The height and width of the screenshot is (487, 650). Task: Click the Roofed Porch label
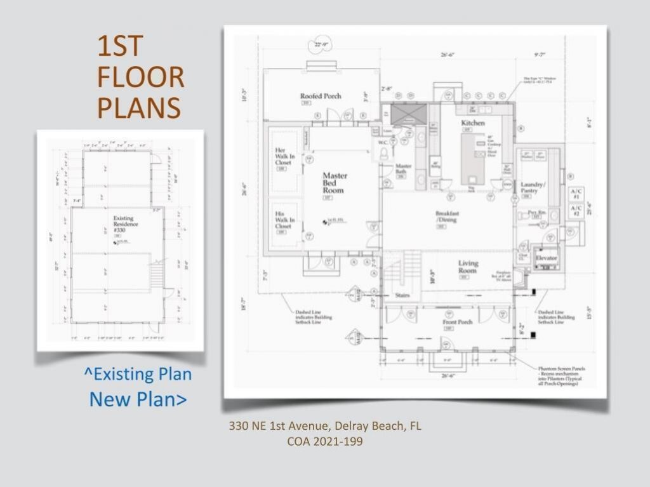pos(321,96)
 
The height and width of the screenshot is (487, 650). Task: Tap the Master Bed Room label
pos(335,182)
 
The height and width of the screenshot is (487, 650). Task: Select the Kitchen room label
pos(473,123)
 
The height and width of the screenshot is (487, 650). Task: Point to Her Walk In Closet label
pos(283,156)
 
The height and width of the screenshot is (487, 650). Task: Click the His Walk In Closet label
pos(283,219)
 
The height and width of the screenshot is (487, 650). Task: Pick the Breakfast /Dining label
pos(447,217)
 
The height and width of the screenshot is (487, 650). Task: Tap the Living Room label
pos(468,267)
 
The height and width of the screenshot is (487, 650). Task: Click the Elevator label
pos(546,259)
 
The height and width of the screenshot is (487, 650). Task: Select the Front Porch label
pos(456,322)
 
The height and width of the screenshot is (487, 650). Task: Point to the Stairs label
pos(401,295)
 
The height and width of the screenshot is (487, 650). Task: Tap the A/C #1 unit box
pos(576,194)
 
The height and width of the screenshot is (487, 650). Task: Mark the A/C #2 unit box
pos(576,211)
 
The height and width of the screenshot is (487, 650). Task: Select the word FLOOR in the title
pos(140,77)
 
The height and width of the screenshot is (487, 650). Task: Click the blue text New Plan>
pos(138,399)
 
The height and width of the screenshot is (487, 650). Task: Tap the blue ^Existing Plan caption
pos(138,374)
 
